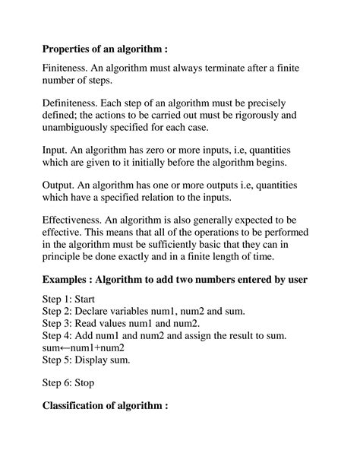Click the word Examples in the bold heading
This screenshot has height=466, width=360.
(x=68, y=279)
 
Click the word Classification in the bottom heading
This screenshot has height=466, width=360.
(x=81, y=406)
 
